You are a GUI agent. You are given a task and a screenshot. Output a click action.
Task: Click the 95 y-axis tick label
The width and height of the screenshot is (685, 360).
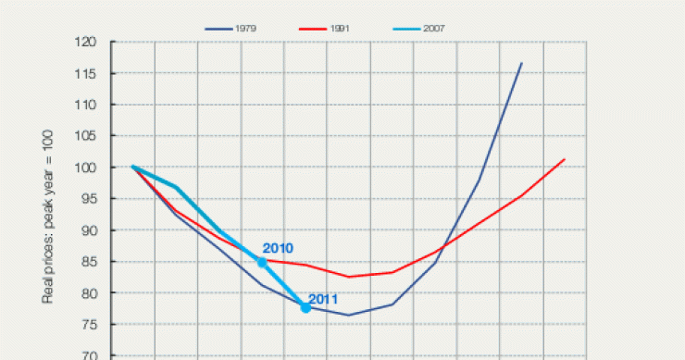click(89, 199)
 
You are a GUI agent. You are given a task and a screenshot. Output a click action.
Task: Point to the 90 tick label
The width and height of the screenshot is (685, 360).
click(89, 230)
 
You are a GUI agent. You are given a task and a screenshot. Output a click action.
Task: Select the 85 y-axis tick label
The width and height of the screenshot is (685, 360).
click(89, 262)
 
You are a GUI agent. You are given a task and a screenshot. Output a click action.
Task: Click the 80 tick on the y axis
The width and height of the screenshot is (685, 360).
click(89, 293)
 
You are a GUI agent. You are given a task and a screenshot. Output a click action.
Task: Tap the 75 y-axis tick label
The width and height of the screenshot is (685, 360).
click(89, 325)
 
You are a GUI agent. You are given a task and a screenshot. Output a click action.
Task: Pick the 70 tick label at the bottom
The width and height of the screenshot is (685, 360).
click(89, 354)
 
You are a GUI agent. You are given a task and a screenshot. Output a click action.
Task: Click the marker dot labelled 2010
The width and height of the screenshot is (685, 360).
click(262, 262)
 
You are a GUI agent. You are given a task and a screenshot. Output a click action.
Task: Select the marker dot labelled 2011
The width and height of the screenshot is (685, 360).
click(305, 307)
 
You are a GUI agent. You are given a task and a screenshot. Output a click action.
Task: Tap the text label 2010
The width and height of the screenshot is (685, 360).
click(278, 249)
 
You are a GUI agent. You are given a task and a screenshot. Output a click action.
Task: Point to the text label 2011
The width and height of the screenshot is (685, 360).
click(322, 299)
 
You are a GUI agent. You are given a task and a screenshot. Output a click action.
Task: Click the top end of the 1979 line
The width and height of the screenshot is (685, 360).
click(521, 63)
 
